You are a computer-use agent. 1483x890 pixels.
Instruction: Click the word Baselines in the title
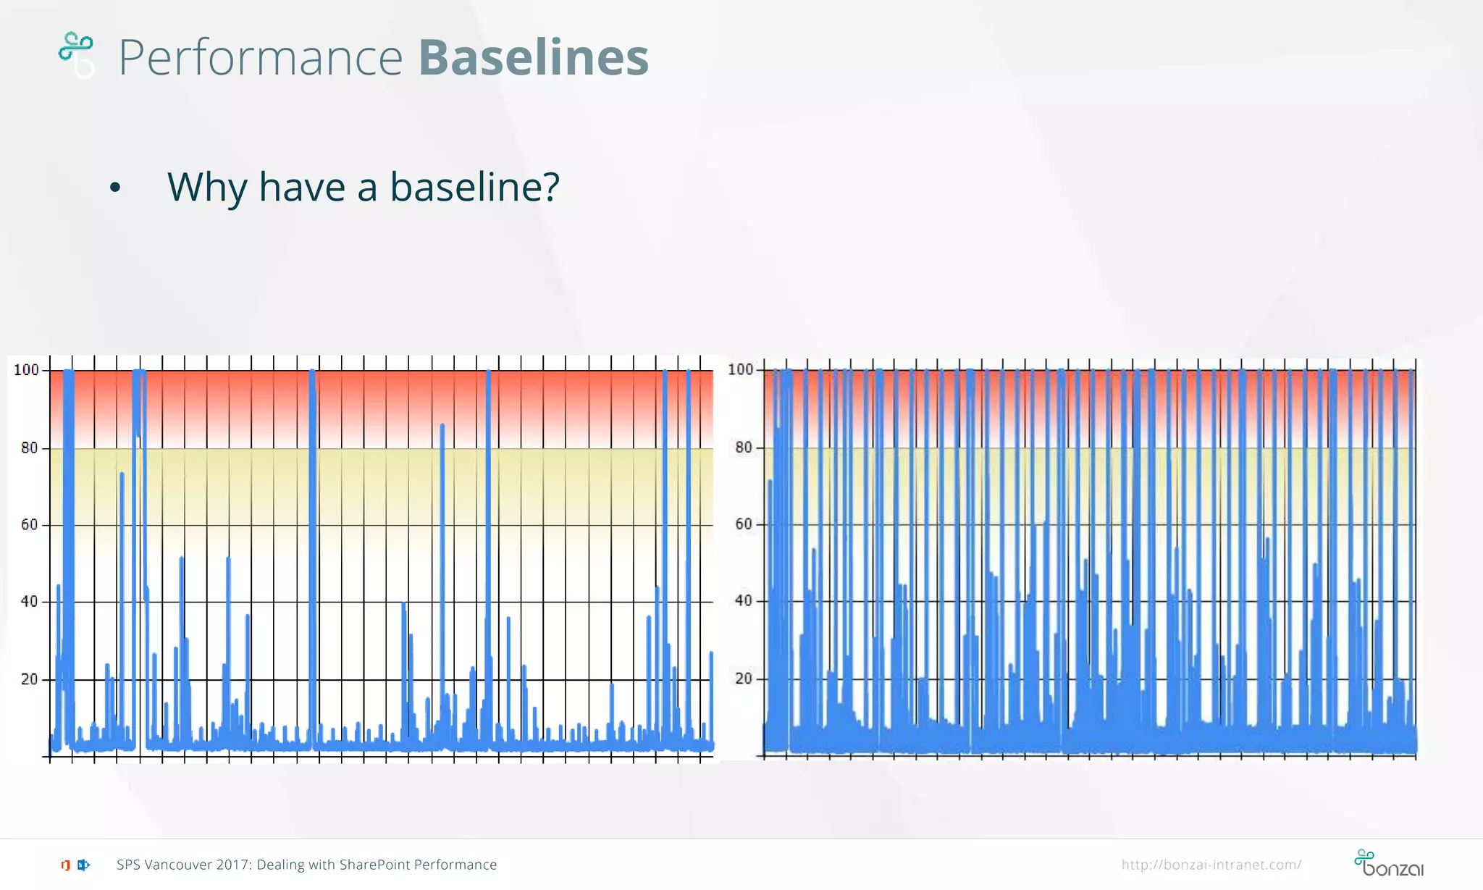(x=533, y=57)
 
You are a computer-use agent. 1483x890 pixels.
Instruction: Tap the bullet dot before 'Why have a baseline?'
(x=115, y=188)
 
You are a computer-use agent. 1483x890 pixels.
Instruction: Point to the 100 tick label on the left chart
(x=26, y=370)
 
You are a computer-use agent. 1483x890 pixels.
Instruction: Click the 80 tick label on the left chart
(x=29, y=448)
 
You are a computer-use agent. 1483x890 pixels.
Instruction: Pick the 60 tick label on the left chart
(x=29, y=525)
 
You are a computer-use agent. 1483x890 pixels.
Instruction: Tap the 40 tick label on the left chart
(x=29, y=602)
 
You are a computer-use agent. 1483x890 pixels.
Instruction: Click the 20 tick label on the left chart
(x=29, y=679)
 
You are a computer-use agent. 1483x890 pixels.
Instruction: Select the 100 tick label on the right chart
(x=740, y=370)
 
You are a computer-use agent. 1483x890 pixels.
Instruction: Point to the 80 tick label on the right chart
(x=744, y=448)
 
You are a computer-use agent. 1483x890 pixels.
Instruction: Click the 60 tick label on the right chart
(x=744, y=524)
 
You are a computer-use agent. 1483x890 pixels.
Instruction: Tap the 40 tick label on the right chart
(x=744, y=601)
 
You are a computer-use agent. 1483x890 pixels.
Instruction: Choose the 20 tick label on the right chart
(x=744, y=679)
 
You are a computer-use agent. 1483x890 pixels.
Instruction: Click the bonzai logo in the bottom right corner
(x=1388, y=863)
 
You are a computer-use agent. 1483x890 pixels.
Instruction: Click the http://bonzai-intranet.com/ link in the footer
(x=1211, y=865)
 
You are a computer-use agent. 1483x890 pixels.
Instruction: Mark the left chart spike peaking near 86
(x=442, y=427)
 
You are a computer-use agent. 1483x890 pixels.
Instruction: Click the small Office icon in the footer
(x=66, y=865)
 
